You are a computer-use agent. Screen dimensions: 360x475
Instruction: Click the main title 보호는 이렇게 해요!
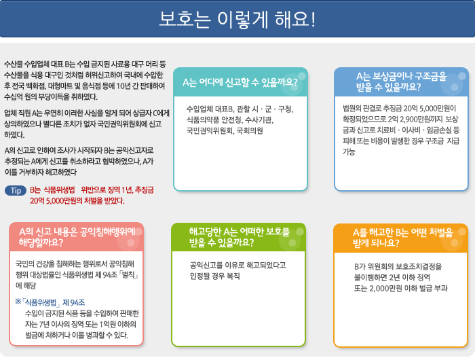tap(237, 19)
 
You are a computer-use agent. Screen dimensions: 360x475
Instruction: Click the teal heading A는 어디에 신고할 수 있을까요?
tap(241, 82)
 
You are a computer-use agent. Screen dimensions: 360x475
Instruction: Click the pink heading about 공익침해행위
tap(76, 236)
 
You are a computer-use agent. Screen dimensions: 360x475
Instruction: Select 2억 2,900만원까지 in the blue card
tap(404, 118)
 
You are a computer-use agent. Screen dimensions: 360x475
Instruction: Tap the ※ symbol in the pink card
tap(18, 302)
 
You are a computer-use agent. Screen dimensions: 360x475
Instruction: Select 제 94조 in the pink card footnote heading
tap(74, 302)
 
